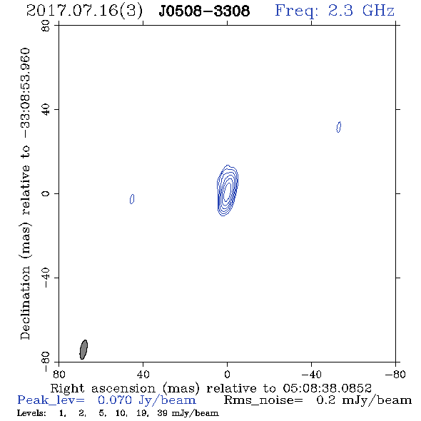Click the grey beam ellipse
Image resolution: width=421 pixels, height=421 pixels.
[x=83, y=350]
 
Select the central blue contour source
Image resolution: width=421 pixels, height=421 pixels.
[x=228, y=191]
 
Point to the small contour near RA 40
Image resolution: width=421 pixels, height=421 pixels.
[x=132, y=199]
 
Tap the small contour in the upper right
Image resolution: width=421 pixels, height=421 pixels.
[x=338, y=127]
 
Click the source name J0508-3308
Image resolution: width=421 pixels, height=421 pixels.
[x=204, y=11]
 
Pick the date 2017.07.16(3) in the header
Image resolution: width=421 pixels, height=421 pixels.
[x=84, y=11]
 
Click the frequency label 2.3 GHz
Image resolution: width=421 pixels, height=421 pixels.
[x=361, y=11]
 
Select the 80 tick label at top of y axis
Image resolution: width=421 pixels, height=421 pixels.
[x=46, y=26]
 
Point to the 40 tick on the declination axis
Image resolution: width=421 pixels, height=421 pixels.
[x=46, y=110]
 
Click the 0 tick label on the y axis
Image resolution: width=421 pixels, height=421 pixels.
[x=46, y=193]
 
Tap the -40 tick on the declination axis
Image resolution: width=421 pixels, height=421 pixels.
[x=46, y=278]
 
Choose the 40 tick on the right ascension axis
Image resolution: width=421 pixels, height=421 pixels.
[x=143, y=374]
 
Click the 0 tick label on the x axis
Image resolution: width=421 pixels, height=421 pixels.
[x=227, y=374]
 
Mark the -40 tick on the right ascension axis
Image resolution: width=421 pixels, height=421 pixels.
[x=311, y=374]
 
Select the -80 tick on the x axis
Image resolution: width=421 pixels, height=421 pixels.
[x=395, y=374]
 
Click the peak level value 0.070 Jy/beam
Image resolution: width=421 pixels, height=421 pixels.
[x=147, y=400]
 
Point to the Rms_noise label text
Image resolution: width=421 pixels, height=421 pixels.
[x=263, y=400]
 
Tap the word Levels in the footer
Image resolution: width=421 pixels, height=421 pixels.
[x=31, y=413]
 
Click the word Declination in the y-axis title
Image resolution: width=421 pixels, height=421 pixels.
[x=25, y=303]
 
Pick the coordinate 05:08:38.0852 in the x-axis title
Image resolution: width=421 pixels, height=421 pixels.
[x=327, y=388]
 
